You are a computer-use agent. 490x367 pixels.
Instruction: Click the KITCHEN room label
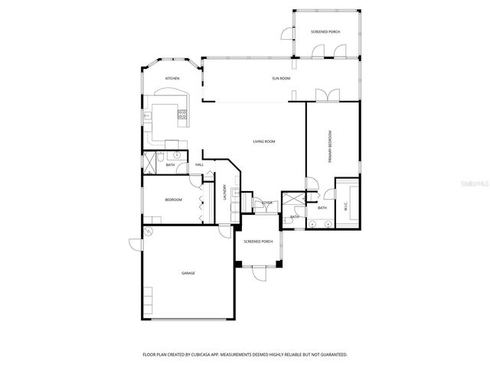pos(172,78)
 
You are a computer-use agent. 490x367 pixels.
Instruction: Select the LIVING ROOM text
pos(264,141)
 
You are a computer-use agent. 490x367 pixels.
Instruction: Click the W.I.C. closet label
pos(346,206)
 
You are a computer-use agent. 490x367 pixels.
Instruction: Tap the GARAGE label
pos(188,273)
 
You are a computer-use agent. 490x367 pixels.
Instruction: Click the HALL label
pos(199,164)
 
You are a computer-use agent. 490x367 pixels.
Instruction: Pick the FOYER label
pos(266,203)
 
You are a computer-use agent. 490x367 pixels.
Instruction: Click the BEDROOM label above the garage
pos(173,200)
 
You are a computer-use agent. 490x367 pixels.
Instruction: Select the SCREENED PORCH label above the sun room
pos(325,32)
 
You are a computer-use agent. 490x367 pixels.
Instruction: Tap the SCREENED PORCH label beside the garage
pos(258,242)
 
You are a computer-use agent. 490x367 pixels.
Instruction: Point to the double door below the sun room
pos(327,95)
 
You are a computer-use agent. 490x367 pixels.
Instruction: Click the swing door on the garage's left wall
pos(135,243)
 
